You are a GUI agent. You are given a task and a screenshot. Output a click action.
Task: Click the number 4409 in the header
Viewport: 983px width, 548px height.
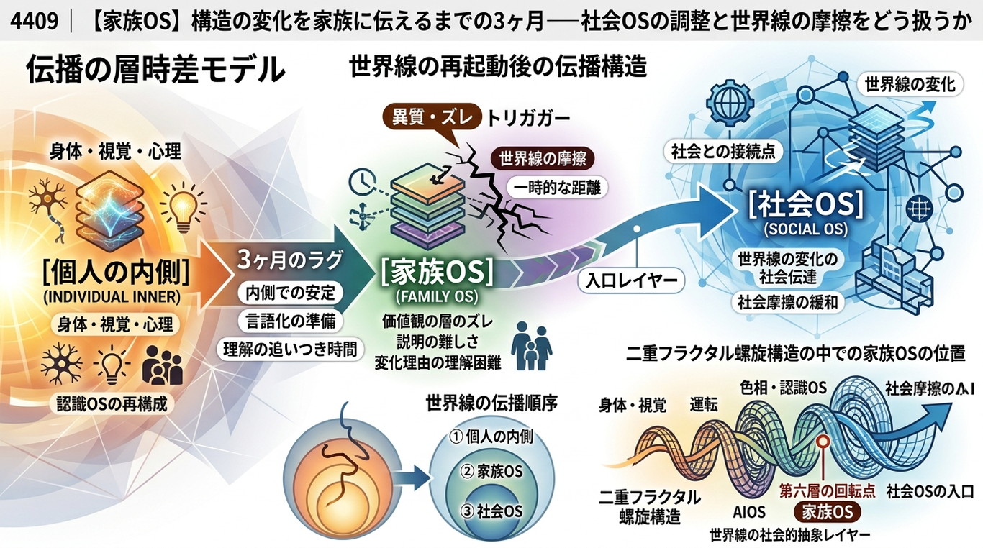35,21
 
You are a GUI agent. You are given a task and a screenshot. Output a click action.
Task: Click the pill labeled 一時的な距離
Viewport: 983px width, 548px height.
557,188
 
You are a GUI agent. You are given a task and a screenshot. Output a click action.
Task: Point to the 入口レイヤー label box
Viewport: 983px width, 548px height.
632,280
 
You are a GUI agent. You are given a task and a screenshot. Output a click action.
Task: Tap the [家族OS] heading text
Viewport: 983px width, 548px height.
436,273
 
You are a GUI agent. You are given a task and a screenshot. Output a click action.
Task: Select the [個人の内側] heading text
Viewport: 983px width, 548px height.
117,273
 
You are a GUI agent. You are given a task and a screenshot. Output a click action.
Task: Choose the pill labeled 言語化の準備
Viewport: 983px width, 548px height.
291,321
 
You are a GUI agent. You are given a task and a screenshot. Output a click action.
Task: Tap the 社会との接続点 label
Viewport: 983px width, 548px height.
723,152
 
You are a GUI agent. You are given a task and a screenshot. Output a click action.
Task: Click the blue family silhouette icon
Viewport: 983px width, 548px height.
531,346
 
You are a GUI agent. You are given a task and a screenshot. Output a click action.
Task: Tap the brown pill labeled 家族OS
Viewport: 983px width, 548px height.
828,511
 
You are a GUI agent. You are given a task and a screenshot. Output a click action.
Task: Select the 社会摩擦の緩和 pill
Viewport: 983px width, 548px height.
788,302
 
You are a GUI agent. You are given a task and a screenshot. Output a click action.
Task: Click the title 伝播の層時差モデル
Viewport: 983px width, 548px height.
155,70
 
